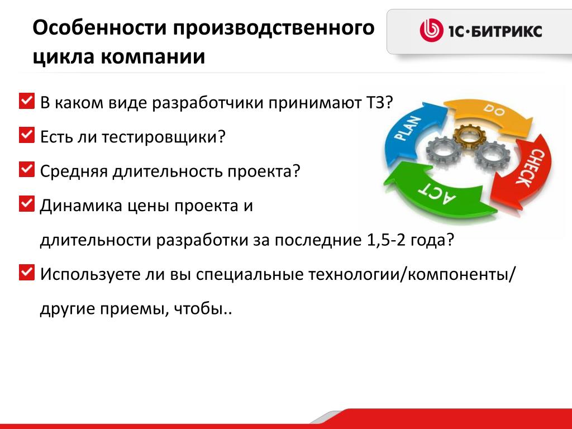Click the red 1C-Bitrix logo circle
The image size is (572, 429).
431,30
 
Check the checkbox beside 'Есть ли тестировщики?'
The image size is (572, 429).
27,135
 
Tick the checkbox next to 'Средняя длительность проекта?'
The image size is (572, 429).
27,170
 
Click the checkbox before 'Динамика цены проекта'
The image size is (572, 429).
27,204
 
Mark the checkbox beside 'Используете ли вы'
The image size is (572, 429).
27,273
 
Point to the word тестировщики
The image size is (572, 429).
160,137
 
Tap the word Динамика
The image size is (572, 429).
81,206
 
